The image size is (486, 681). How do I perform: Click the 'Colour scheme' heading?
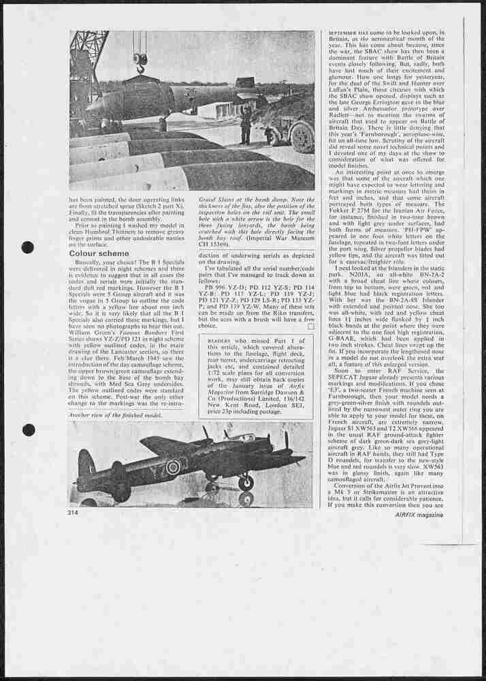pos(98,254)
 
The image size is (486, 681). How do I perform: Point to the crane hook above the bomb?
pos(140,62)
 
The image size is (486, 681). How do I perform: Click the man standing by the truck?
pos(245,125)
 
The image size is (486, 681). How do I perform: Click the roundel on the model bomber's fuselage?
pos(174,467)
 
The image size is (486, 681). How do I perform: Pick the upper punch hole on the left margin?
pos(28,247)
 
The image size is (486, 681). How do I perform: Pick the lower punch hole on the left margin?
pos(28,430)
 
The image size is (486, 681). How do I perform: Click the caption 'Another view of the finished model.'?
pos(115,415)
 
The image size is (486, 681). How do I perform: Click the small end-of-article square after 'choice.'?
pos(310,326)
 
